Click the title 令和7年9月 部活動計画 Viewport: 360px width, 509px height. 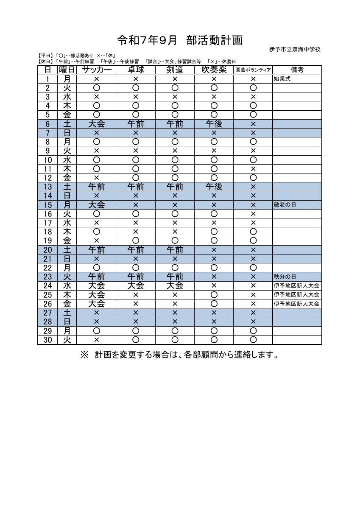[180, 40]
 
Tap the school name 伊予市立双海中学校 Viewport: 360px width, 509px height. [295, 50]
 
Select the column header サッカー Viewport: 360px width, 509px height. [96, 70]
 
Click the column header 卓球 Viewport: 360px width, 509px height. [136, 70]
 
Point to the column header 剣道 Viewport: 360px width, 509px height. [175, 70]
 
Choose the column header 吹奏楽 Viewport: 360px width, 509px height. [214, 70]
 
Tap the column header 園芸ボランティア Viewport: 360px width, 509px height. [253, 70]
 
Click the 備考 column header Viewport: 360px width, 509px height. [297, 70]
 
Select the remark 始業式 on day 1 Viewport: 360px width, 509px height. [282, 79]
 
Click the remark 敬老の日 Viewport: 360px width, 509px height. [285, 205]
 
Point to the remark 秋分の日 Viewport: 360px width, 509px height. [285, 277]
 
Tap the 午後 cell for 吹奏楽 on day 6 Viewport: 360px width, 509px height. [214, 124]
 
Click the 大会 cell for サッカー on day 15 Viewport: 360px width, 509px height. [96, 205]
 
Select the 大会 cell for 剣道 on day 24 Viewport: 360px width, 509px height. [175, 286]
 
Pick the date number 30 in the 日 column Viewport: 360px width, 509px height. [47, 340]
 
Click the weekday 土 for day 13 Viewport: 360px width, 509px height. [67, 187]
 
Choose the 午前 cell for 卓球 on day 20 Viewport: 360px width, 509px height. [136, 250]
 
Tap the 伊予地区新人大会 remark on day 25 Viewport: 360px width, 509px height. [296, 295]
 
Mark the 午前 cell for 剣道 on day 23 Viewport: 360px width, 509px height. [175, 277]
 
